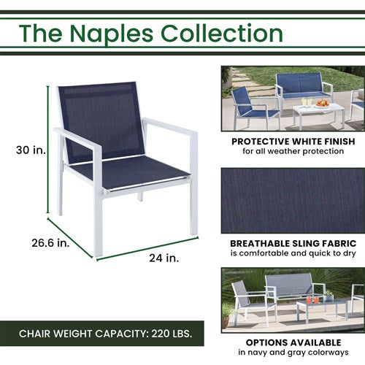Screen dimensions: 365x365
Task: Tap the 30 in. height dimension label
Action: pos(30,150)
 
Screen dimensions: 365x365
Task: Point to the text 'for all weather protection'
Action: pos(292,151)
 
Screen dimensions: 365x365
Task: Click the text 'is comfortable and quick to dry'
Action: pos(292,253)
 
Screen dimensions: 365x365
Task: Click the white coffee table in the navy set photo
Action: pos(318,111)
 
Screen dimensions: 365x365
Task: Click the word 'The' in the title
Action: pos(40,34)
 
